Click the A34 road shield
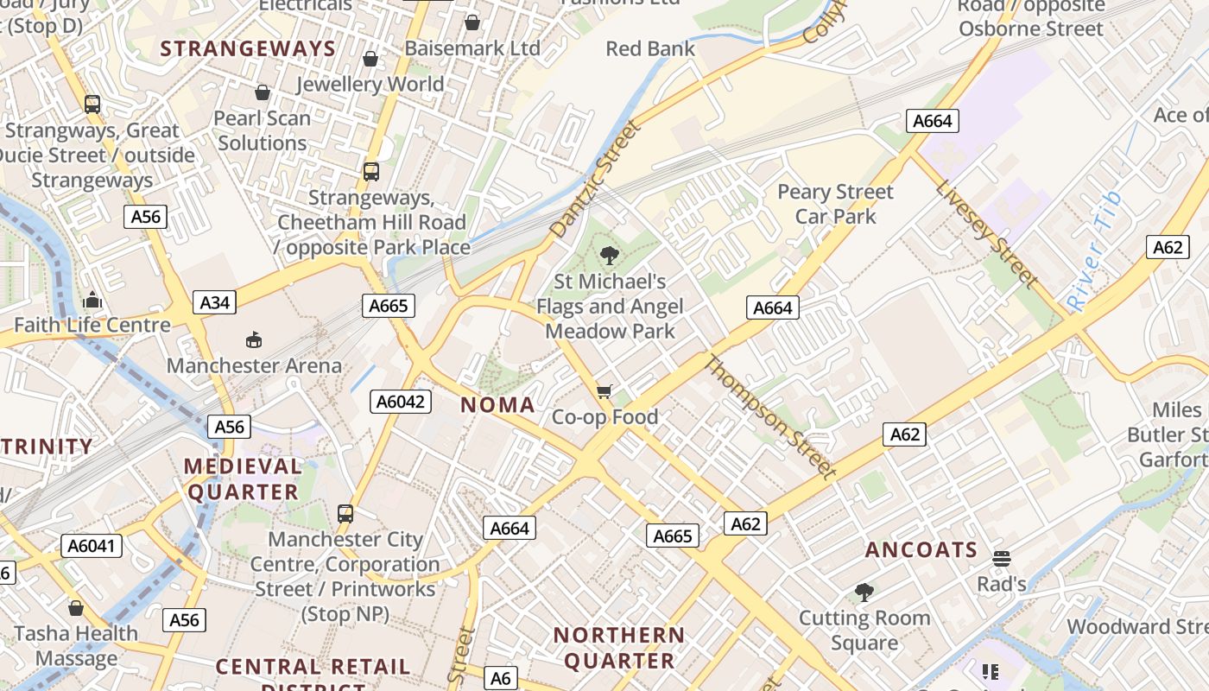pyautogui.click(x=215, y=302)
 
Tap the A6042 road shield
pyautogui.click(x=401, y=401)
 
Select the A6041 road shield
pyautogui.click(x=92, y=546)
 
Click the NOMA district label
pyautogui.click(x=497, y=404)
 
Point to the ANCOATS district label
pyautogui.click(x=921, y=550)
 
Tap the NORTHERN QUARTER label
pyautogui.click(x=618, y=648)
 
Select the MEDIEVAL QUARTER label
pyautogui.click(x=243, y=479)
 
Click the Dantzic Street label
pyautogui.click(x=597, y=180)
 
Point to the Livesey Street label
pyautogui.click(x=985, y=233)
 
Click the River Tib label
pyautogui.click(x=1095, y=251)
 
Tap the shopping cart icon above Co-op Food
pyautogui.click(x=604, y=392)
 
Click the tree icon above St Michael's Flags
pyautogui.click(x=610, y=255)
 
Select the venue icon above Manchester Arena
pyautogui.click(x=254, y=339)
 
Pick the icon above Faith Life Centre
pyautogui.click(x=92, y=301)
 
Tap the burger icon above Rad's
pyautogui.click(x=1001, y=558)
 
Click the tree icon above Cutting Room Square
pyautogui.click(x=864, y=593)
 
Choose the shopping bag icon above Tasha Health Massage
pyautogui.click(x=76, y=608)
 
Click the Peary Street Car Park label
pyautogui.click(x=835, y=204)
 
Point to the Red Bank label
pyautogui.click(x=650, y=48)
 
